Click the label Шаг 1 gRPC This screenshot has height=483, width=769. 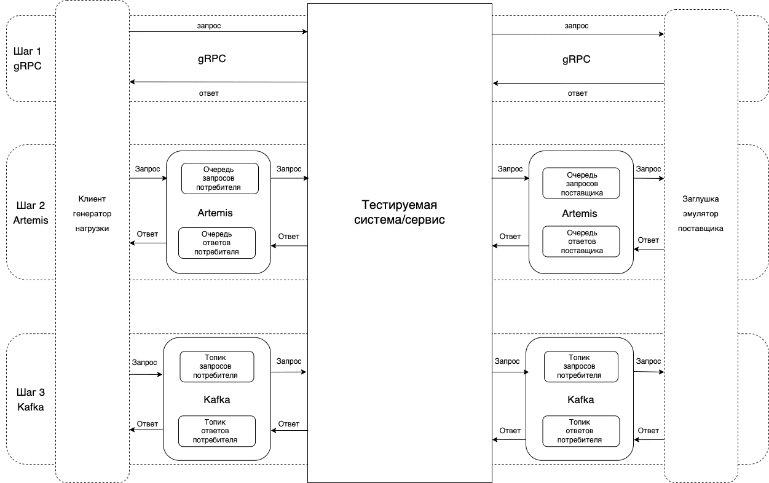click(27, 59)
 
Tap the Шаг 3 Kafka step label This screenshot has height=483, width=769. click(30, 399)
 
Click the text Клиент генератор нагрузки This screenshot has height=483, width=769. click(92, 213)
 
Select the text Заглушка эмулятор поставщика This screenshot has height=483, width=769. click(701, 213)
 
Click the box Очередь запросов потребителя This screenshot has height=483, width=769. click(220, 178)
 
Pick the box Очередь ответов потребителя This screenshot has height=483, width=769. click(216, 243)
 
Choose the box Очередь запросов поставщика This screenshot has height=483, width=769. click(581, 183)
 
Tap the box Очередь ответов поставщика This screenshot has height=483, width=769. click(581, 241)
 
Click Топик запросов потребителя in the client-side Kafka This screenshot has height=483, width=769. click(216, 366)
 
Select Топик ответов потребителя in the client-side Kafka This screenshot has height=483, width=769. click(216, 431)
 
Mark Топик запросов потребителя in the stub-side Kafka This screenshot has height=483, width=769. click(580, 366)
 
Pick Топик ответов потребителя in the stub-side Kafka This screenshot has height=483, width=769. click(580, 431)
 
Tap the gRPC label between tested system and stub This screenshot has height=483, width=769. click(576, 59)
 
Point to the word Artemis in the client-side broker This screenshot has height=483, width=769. click(215, 213)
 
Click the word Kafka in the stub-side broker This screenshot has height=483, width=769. click(580, 399)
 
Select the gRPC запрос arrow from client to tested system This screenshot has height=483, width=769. click(218, 31)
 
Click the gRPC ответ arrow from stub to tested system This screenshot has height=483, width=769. click(578, 83)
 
